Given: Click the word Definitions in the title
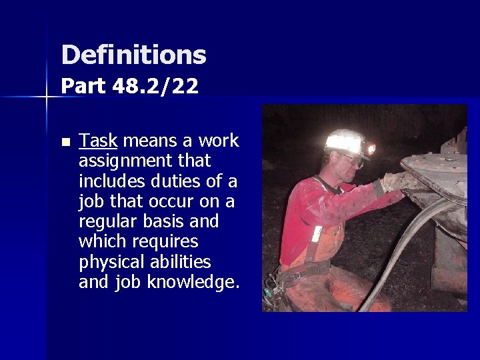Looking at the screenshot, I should pyautogui.click(x=133, y=55).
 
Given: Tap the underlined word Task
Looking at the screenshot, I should pyautogui.click(x=98, y=141).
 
